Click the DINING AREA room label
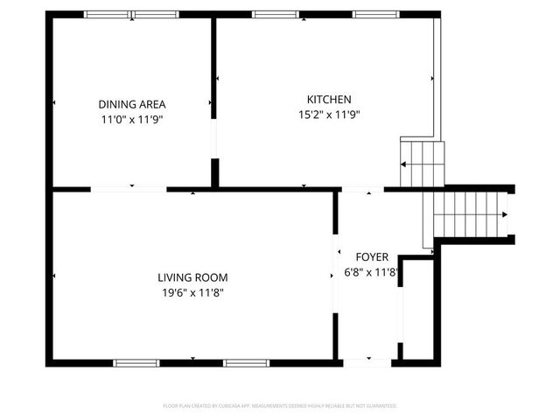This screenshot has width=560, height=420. point(132,103)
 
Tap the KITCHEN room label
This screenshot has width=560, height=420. point(329,99)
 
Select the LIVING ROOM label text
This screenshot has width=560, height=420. point(192,277)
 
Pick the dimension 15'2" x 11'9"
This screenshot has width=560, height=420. point(329,114)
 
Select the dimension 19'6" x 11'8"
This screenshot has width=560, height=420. point(192,292)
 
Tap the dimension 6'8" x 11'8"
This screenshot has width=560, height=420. point(372,272)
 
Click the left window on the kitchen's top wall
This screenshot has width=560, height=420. point(273,14)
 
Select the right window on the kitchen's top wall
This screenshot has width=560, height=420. point(376,14)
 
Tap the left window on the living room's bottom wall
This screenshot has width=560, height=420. point(136,362)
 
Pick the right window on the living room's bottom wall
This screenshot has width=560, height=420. point(246,362)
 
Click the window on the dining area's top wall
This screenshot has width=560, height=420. point(131,14)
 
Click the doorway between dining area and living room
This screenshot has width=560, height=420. point(129,188)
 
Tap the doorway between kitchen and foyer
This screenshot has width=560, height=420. point(361,189)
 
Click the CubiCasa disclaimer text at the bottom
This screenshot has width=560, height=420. point(280,406)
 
